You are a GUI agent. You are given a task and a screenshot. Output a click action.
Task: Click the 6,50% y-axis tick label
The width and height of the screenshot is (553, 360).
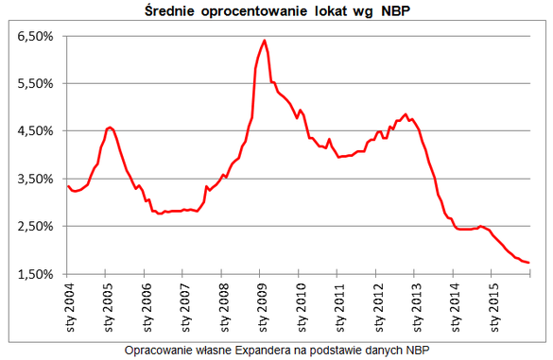tap(35, 36)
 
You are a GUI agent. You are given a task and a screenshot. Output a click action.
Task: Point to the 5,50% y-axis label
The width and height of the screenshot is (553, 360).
tap(35, 83)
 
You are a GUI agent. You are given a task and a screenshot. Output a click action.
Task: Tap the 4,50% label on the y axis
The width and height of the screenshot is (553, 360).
tap(35, 131)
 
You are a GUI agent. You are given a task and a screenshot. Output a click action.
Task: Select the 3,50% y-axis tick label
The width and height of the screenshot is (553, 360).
tap(35, 179)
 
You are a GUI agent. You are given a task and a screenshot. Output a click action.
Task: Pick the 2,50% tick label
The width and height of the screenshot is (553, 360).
tap(35, 226)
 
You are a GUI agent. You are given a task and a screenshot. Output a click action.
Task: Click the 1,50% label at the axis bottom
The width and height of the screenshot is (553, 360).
tap(35, 274)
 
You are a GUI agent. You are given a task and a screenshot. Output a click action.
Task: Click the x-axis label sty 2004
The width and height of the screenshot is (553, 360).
tap(71, 307)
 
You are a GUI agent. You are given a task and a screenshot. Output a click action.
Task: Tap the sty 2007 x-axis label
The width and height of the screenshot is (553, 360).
tap(186, 307)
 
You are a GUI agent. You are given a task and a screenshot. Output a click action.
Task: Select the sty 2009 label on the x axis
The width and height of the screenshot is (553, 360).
tap(264, 307)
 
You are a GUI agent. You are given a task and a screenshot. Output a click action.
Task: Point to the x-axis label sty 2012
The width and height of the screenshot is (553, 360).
tap(379, 307)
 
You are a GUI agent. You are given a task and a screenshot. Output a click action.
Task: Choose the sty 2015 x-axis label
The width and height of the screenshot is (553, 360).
tap(495, 307)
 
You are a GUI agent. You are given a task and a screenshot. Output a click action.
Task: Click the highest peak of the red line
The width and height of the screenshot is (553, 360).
tap(264, 41)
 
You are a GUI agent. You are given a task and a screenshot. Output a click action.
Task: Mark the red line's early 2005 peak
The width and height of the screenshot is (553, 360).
tap(110, 128)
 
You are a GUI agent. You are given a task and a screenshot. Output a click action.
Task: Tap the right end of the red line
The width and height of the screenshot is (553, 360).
tap(529, 263)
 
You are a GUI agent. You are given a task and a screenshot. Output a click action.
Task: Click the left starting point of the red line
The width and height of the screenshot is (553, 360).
tap(68, 186)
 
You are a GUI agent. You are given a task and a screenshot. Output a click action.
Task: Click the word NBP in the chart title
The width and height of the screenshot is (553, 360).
tap(396, 11)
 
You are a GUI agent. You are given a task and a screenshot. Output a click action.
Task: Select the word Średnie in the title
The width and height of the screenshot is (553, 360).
tap(169, 10)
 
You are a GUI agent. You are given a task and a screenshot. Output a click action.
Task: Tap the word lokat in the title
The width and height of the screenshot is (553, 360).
tap(331, 11)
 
